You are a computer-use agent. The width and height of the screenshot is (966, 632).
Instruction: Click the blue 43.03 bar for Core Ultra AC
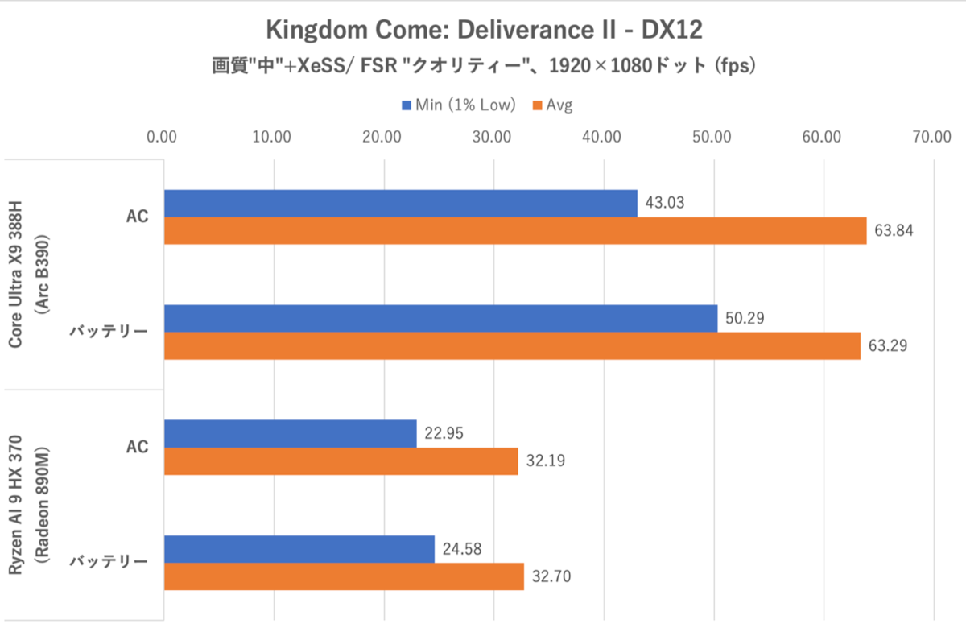pos(400,203)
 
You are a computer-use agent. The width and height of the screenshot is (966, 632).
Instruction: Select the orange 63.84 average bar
pos(515,231)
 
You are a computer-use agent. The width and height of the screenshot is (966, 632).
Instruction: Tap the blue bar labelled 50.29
pos(440,318)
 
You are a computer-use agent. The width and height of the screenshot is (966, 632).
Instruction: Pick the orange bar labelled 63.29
pos(512,345)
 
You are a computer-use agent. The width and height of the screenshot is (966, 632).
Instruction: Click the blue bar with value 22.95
pos(290,433)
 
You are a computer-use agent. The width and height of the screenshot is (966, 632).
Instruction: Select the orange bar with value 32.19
pos(341,461)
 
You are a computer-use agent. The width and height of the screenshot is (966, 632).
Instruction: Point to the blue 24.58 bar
pos(299,548)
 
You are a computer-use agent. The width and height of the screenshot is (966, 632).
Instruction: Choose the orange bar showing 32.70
pos(344,576)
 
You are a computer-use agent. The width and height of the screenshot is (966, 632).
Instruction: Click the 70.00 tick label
pos(931,136)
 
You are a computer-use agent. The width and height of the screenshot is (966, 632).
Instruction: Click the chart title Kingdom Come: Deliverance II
pos(483,31)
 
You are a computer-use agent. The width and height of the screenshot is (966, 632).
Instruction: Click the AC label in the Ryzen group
pos(138,447)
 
